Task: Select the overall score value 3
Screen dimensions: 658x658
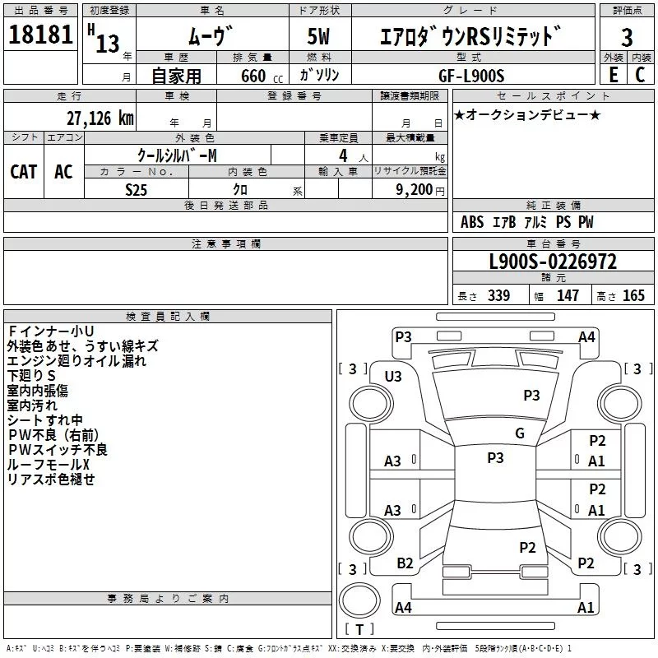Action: [627, 37]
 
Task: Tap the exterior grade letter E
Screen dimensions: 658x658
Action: [613, 74]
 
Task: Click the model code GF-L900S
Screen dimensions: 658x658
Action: [483, 75]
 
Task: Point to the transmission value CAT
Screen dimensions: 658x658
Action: [23, 171]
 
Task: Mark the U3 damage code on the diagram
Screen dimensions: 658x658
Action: [393, 376]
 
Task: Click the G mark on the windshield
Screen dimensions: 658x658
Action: [520, 433]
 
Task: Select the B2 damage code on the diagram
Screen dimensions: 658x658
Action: [405, 563]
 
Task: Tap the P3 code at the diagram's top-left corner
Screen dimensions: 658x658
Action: [403, 336]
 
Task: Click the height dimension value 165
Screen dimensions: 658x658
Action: [633, 296]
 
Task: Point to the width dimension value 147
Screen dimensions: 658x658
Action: [568, 296]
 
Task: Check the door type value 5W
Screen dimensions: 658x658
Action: [320, 37]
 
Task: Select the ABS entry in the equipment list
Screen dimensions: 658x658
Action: [472, 222]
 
